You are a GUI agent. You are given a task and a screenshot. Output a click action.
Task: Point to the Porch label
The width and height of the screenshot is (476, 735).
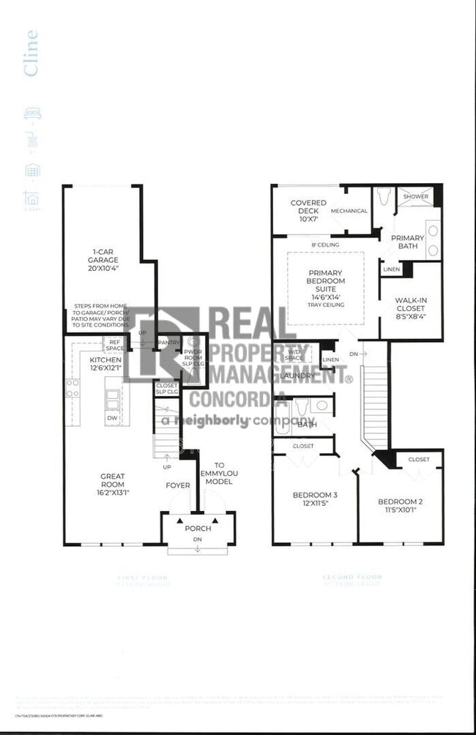[x=198, y=529]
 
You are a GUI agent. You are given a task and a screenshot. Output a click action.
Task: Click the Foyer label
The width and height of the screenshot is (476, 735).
[x=177, y=485]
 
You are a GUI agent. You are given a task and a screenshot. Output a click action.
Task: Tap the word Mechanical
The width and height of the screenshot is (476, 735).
[x=349, y=211]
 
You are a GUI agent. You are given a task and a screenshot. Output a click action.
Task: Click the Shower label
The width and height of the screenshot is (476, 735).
[x=414, y=196]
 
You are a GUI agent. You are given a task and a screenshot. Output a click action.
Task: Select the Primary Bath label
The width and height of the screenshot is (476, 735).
[x=407, y=242]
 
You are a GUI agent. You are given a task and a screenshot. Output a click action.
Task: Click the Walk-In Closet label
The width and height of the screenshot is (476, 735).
[x=411, y=308]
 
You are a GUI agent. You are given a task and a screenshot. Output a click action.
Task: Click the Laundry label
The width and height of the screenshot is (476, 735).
[x=297, y=376]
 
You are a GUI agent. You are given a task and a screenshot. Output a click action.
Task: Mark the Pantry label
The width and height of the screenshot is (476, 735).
[x=168, y=343]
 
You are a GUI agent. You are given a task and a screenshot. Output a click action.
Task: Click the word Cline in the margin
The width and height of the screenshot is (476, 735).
[x=31, y=53]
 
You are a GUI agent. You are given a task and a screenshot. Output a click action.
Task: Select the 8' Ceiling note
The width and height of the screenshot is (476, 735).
[x=324, y=245]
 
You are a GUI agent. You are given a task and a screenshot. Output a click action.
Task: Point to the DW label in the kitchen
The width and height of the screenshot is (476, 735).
[x=113, y=419]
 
